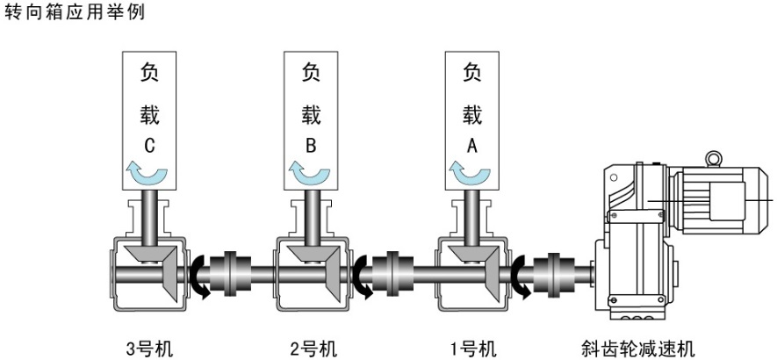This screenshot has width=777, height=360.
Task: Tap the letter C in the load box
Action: click(x=150, y=147)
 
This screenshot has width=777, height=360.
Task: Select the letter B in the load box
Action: click(x=311, y=147)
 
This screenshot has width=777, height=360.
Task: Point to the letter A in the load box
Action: click(x=471, y=147)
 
